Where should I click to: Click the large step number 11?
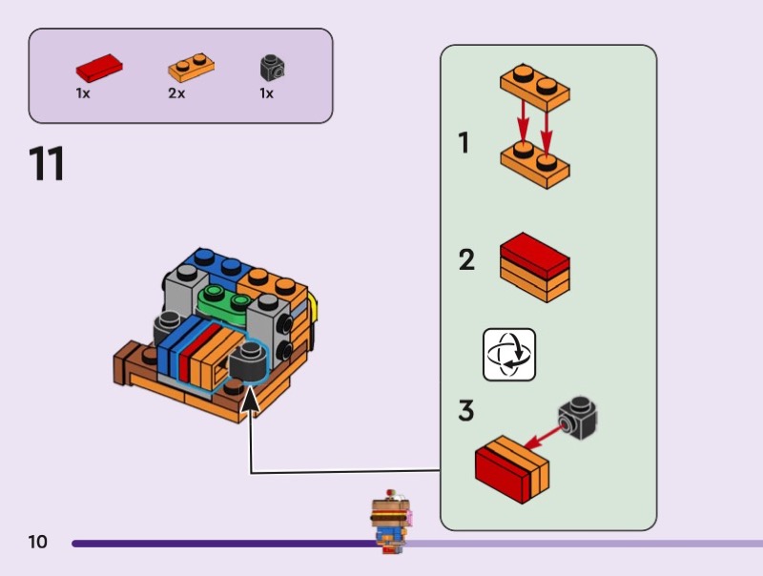coord(48,163)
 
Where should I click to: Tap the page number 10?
coord(37,543)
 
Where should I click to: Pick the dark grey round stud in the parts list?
coord(273,68)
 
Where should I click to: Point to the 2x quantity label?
coord(176,94)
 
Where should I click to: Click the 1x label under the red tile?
coord(83,94)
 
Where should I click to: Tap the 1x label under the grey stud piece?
coord(266,94)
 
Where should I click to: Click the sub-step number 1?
coord(464,143)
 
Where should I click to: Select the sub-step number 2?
coord(466,259)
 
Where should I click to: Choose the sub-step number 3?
coord(466,412)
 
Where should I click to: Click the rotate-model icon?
coord(508,355)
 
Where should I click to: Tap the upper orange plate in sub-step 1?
coord(535,86)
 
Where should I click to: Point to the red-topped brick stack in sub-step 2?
coord(534,265)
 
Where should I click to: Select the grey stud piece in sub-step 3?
coord(578,417)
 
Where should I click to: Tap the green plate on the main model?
coord(221,300)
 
